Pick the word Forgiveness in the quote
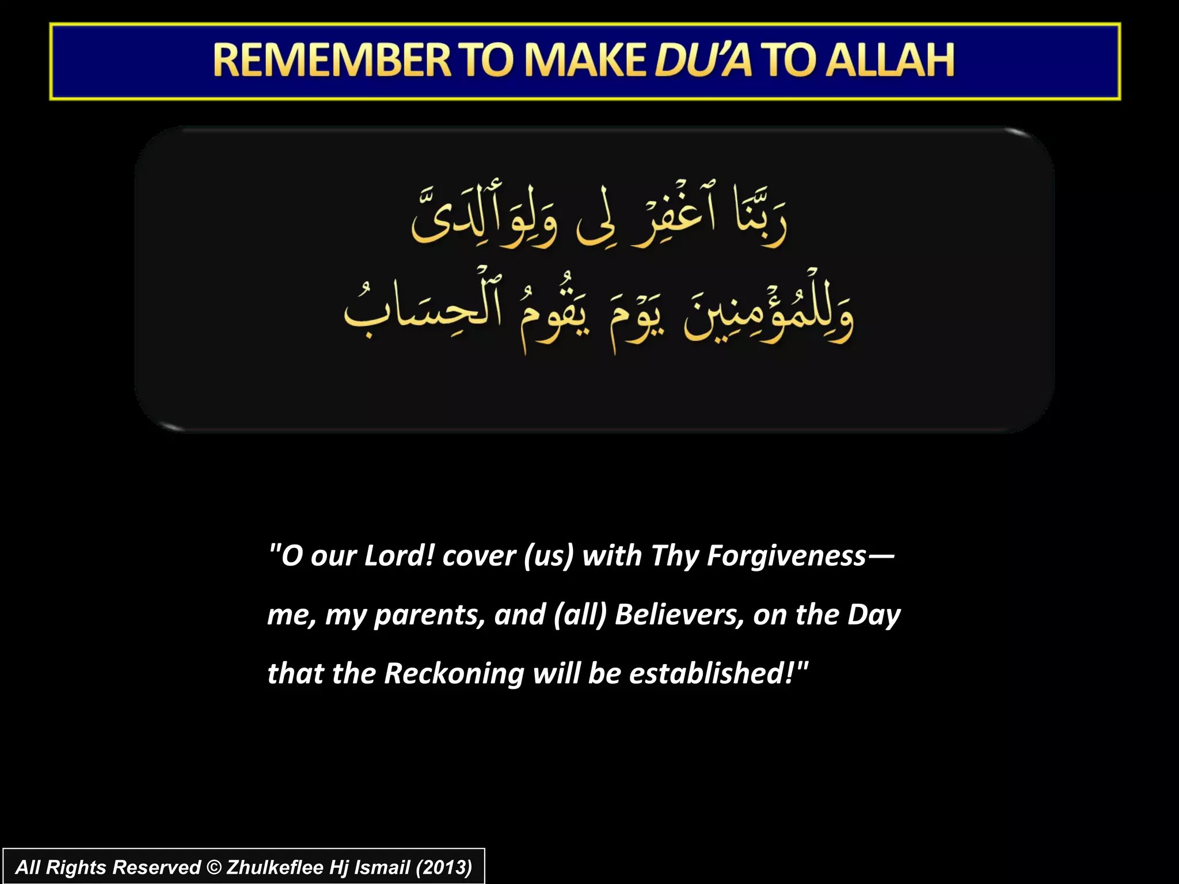click(x=786, y=556)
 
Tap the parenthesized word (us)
click(x=549, y=556)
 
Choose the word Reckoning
click(x=454, y=674)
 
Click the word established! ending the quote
click(x=712, y=673)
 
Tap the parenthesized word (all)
click(x=580, y=615)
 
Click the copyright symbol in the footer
click(x=214, y=867)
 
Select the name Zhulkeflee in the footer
click(x=275, y=867)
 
